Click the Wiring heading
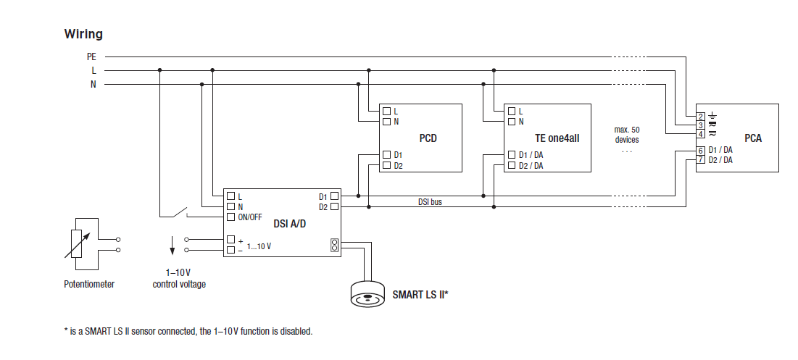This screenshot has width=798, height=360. click(x=83, y=34)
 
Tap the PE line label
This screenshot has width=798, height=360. click(x=91, y=57)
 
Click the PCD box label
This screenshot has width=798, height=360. click(x=428, y=138)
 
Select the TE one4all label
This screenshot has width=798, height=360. click(x=557, y=138)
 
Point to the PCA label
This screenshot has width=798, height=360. click(x=753, y=138)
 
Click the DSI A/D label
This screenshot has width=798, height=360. click(x=290, y=224)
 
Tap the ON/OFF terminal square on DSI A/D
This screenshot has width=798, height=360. click(x=231, y=217)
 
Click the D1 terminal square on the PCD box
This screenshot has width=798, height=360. click(x=387, y=154)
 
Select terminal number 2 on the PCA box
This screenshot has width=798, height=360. click(x=701, y=117)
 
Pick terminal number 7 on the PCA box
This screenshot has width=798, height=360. click(x=701, y=159)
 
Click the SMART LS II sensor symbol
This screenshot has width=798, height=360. click(x=368, y=294)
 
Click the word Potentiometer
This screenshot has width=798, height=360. click(x=89, y=284)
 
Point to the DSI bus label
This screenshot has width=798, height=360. click(x=430, y=202)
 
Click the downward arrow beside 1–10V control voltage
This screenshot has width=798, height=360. click(x=173, y=245)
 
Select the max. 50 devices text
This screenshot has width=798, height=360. click(x=626, y=135)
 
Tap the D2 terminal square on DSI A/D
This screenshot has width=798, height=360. click(x=334, y=207)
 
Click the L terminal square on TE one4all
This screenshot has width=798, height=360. click(x=512, y=111)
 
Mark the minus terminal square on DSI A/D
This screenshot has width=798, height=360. click(x=231, y=250)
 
